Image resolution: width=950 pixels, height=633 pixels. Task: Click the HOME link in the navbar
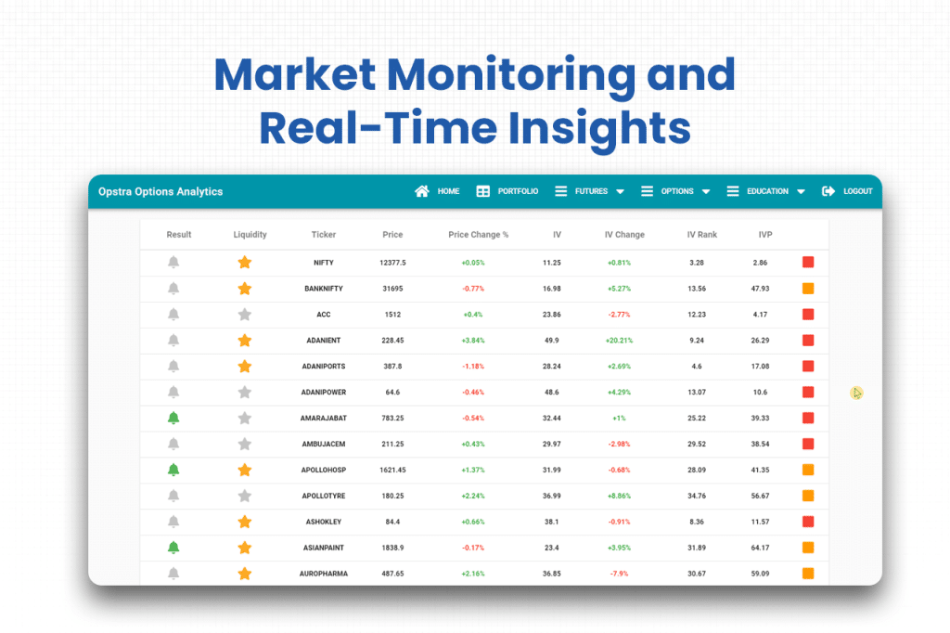(438, 191)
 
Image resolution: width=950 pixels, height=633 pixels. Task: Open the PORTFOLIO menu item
(507, 191)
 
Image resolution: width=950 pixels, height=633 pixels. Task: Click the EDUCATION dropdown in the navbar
(765, 191)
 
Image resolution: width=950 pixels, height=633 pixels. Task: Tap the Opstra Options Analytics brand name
(160, 191)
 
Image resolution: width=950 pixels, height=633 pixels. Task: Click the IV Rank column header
(701, 235)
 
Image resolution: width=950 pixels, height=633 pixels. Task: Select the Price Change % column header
(478, 235)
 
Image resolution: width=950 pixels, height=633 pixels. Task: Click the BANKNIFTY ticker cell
(323, 289)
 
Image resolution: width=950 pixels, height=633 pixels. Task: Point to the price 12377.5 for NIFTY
(392, 263)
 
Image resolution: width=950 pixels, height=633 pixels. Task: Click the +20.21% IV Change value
(620, 341)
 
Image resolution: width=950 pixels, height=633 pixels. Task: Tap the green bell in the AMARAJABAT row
(173, 418)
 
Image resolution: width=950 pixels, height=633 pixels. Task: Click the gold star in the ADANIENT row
(245, 341)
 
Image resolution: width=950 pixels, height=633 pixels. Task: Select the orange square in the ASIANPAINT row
(808, 548)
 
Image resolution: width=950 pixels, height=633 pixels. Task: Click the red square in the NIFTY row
(808, 263)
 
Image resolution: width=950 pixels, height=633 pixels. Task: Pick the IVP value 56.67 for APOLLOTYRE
(761, 496)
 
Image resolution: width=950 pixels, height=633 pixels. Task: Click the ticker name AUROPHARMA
(323, 574)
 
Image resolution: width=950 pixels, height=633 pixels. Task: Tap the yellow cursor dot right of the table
(856, 394)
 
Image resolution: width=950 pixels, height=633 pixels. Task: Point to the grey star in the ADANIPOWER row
(245, 392)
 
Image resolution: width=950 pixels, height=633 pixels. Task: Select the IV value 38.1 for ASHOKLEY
(551, 522)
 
